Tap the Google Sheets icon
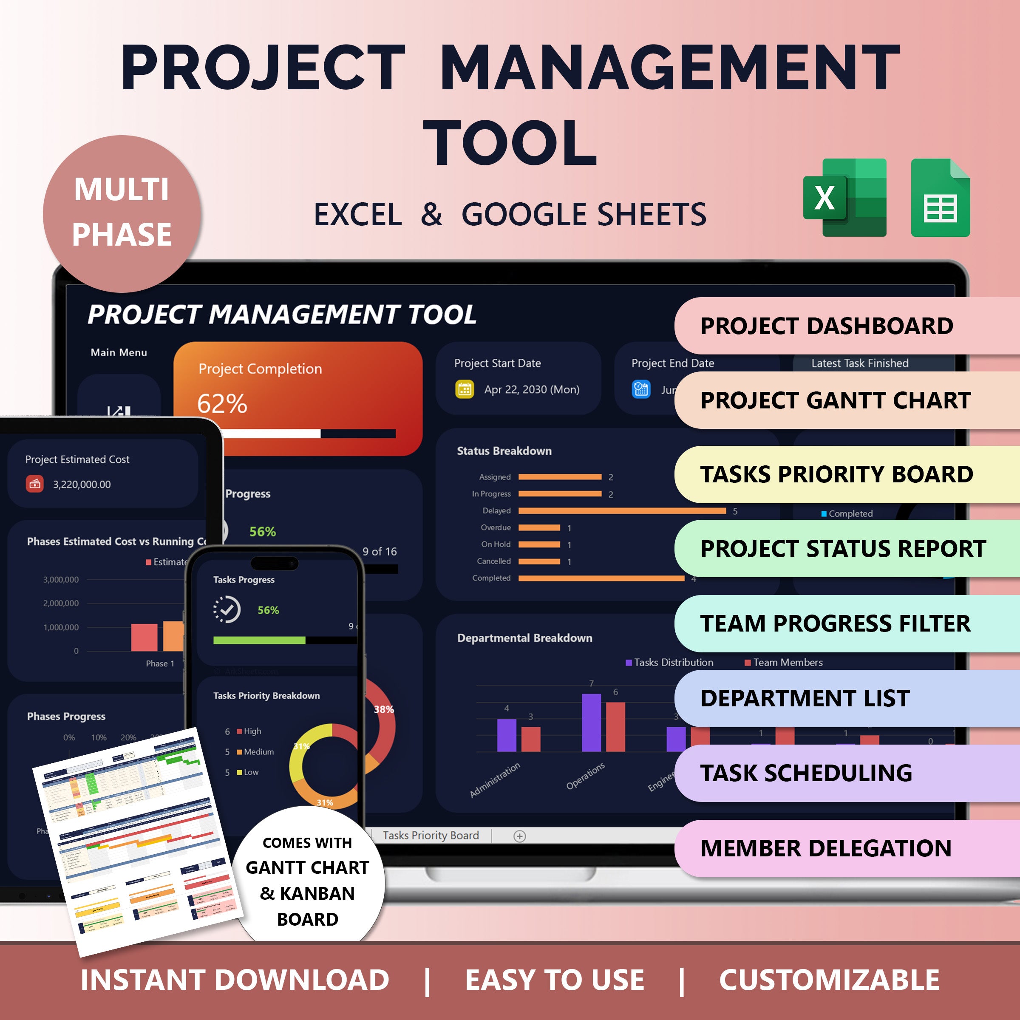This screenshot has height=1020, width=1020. (940, 198)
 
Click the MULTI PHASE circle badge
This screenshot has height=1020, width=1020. (122, 213)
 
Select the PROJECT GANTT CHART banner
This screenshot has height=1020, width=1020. (845, 400)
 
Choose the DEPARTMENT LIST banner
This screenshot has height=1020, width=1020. (845, 698)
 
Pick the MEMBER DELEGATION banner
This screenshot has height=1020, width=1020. (845, 848)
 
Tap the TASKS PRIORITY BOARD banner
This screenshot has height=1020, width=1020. (845, 474)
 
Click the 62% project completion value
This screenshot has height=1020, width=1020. (222, 404)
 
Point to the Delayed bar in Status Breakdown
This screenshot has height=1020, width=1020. (621, 510)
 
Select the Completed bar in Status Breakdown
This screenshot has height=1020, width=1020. (601, 578)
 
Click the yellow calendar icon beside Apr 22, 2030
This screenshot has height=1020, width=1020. (465, 389)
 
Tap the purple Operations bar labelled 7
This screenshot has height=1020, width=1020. (591, 722)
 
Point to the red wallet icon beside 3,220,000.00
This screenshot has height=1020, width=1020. (35, 484)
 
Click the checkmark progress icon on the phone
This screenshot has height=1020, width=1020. (227, 610)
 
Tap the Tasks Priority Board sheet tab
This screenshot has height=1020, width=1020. (430, 835)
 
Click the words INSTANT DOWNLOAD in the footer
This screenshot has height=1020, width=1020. (235, 980)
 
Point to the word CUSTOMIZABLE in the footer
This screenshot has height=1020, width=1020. (829, 980)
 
